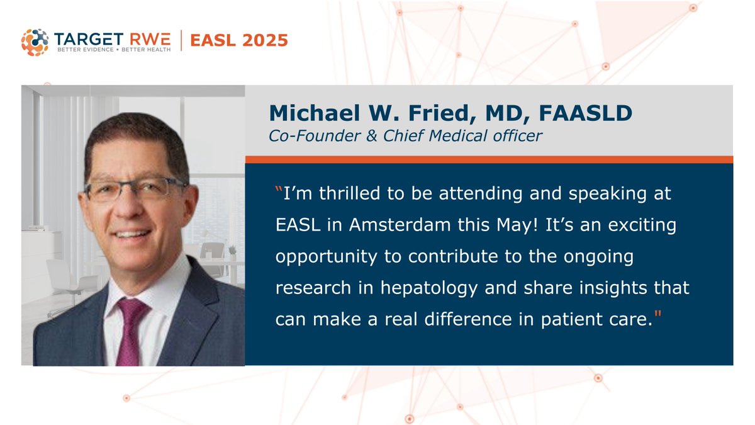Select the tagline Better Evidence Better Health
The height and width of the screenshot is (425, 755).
(113, 50)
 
